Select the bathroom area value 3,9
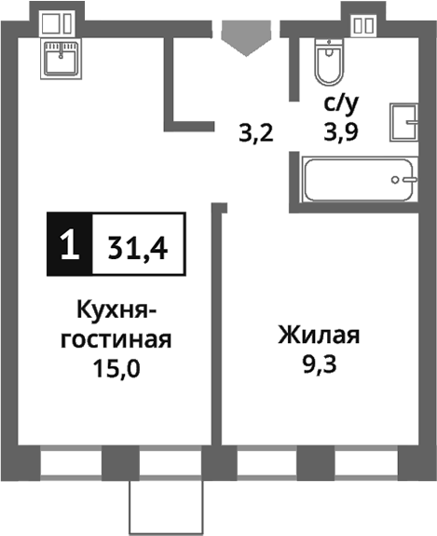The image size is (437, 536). tap(342, 131)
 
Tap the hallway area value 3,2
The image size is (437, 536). tap(255, 133)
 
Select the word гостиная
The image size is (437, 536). tap(116, 338)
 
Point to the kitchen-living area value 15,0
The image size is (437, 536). tap(116, 366)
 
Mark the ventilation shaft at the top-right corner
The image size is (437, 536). tap(362, 23)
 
